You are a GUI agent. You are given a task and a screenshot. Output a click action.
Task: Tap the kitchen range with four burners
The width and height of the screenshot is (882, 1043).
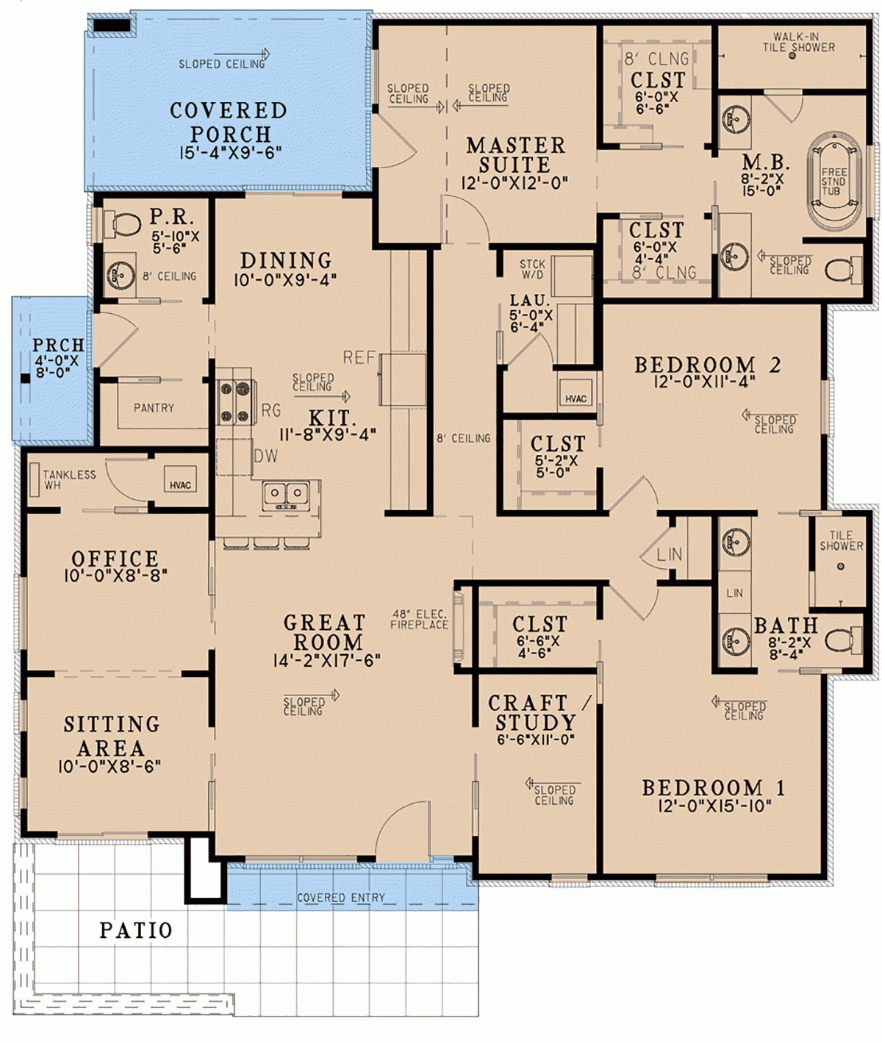[x=236, y=402]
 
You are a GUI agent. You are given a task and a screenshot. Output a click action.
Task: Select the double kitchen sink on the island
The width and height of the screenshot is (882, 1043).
[x=286, y=494]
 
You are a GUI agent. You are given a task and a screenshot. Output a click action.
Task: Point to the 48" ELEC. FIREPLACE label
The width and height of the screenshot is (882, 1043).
[x=419, y=620]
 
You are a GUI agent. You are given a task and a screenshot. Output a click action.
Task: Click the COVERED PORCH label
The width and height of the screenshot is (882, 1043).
[x=229, y=123]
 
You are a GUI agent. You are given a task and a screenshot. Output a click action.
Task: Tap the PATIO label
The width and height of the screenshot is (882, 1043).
[x=136, y=931]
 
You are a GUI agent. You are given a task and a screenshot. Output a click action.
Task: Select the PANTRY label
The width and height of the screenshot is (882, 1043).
[x=154, y=408]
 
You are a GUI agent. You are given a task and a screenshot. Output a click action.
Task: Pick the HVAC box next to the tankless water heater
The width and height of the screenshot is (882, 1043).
[x=180, y=484]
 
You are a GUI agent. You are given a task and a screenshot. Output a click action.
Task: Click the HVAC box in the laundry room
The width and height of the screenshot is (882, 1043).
[x=576, y=398]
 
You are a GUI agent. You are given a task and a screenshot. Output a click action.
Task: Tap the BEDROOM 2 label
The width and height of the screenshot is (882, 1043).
[x=706, y=365]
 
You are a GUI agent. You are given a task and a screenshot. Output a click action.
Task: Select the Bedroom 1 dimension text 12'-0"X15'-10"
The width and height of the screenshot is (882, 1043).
[x=714, y=806]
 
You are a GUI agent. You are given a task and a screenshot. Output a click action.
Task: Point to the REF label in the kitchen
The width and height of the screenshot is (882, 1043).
[x=359, y=358]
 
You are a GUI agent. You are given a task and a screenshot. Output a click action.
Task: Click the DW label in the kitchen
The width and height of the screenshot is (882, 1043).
[x=266, y=456]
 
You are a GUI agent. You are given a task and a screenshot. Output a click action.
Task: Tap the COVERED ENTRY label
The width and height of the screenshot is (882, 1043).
[x=340, y=897]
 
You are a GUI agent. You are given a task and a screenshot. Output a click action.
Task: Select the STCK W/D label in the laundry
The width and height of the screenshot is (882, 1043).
[x=532, y=269]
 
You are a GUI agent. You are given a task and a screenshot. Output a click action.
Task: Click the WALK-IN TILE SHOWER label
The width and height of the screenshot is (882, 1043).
[x=798, y=42]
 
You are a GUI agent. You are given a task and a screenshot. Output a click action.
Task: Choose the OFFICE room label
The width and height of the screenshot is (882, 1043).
[x=115, y=559]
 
